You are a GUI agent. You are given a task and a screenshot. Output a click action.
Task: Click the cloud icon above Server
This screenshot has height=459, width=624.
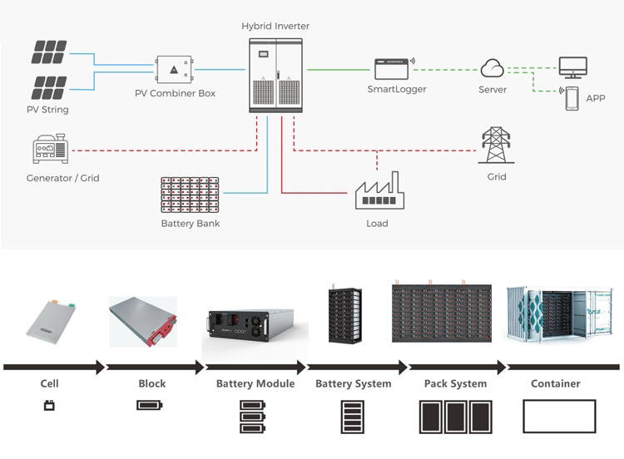click(493, 68)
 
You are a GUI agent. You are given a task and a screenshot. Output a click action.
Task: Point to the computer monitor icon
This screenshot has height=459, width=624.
click(572, 67)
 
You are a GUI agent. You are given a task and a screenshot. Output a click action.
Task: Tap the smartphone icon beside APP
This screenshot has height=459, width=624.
click(572, 98)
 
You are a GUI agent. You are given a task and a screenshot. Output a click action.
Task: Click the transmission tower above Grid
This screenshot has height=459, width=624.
click(497, 147)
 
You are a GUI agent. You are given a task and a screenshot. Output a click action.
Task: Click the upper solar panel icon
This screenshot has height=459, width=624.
click(49, 52)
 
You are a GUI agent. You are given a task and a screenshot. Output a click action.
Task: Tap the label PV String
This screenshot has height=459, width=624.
click(47, 110)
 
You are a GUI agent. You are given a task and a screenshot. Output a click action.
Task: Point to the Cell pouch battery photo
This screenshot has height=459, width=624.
click(52, 320)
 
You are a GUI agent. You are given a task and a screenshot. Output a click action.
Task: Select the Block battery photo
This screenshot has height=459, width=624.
click(145, 319)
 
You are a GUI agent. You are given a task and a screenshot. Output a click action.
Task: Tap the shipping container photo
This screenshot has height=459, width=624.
click(559, 314)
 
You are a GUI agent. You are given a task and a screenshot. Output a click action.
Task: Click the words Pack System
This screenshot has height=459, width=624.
click(455, 384)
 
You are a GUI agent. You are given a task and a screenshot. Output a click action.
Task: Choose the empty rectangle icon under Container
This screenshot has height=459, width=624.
click(559, 416)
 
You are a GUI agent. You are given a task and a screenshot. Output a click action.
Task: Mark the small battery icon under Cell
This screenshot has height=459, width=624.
click(49, 407)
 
